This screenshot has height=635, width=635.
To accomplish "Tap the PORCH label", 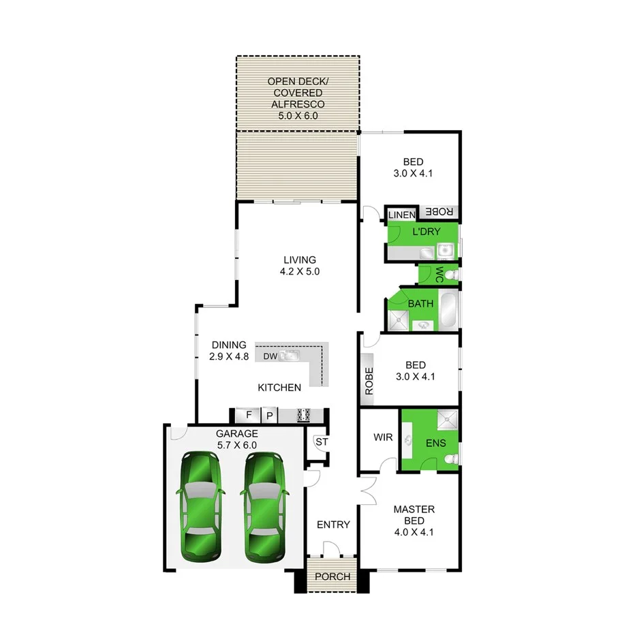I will point(332,576).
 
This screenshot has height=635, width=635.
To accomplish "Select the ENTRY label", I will point(333,525).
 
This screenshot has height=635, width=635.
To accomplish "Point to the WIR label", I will point(383,437).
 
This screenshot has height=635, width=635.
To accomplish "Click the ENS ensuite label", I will point(435,443).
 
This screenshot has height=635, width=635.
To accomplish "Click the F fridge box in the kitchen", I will point(249,414).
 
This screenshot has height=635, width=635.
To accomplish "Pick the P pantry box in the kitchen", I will point(269,414).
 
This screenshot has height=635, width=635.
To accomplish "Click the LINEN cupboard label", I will point(401,215).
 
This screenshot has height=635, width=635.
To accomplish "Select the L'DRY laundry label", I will point(426,232).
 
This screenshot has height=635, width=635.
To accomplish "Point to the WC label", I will point(439,275).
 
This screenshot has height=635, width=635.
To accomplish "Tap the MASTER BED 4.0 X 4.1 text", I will point(414,521).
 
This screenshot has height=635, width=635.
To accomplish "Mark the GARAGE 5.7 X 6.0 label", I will point(236,439).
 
